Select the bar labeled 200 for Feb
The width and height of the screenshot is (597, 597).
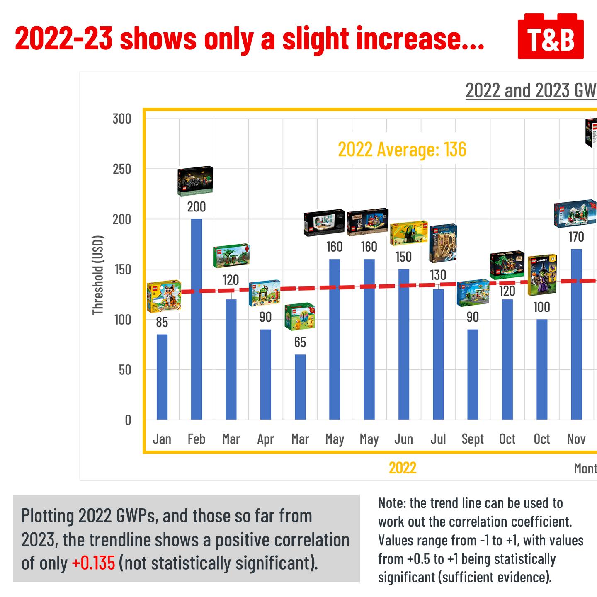(197, 319)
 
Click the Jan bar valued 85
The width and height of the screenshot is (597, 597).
(162, 377)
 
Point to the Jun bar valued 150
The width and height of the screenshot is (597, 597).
(403, 344)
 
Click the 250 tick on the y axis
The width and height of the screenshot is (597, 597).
(122, 169)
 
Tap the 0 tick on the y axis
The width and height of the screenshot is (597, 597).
(128, 420)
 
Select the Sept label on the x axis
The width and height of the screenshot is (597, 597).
(473, 439)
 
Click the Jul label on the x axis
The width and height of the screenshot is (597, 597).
(438, 439)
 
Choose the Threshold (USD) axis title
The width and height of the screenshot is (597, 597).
(97, 275)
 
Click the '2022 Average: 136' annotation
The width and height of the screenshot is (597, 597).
(402, 149)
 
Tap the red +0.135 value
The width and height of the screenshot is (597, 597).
(93, 563)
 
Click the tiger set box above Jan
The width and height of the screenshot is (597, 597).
(164, 296)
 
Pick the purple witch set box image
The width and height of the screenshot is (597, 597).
(542, 275)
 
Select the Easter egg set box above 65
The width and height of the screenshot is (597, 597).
(300, 316)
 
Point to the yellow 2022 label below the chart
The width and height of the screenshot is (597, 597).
(403, 468)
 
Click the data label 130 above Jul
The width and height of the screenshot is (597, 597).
(438, 275)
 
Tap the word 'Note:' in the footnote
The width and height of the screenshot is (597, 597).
(391, 503)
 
